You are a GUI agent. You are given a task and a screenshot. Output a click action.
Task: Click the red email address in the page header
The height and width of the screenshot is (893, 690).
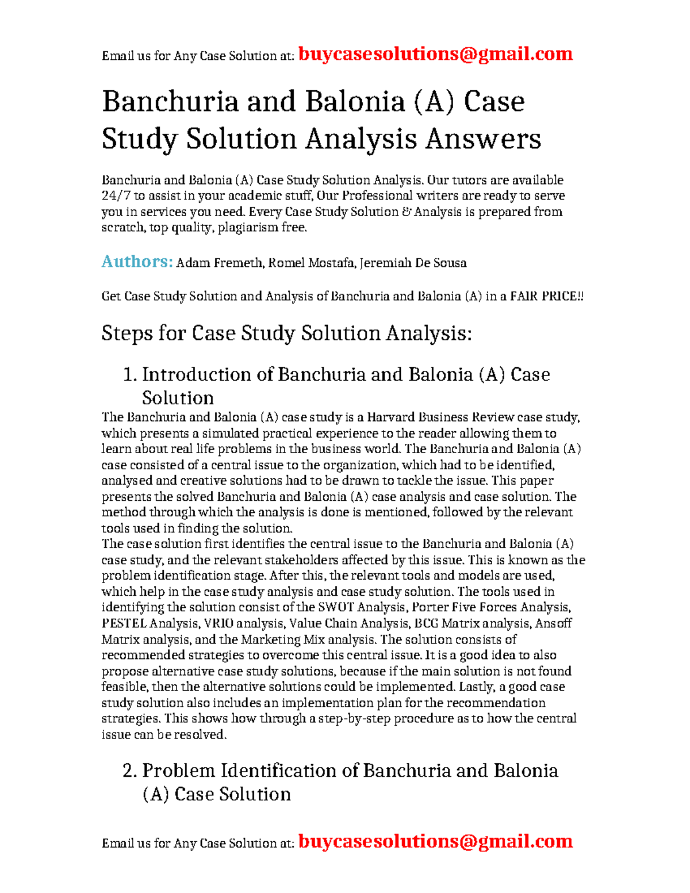[x=435, y=54]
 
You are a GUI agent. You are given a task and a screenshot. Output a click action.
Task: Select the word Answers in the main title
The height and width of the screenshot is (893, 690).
[x=482, y=139]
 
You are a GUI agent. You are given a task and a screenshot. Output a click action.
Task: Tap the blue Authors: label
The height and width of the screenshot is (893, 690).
[x=137, y=262]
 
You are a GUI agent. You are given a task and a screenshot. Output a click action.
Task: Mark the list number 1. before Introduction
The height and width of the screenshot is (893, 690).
[x=130, y=375]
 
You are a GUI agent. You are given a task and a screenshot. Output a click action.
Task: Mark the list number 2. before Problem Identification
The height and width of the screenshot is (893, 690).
[x=130, y=771]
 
